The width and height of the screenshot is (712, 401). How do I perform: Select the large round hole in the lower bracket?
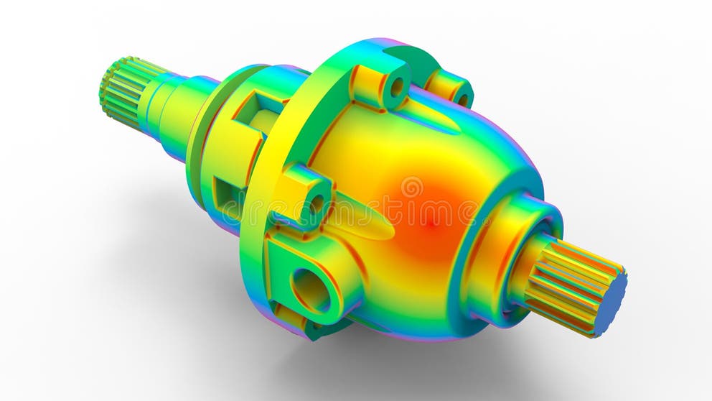pos(311,289)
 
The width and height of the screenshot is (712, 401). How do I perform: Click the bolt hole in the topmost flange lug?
pos(396,87)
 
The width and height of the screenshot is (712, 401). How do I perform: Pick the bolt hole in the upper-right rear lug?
pos(462,99)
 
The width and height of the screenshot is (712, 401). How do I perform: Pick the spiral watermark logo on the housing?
pos(411,188)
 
